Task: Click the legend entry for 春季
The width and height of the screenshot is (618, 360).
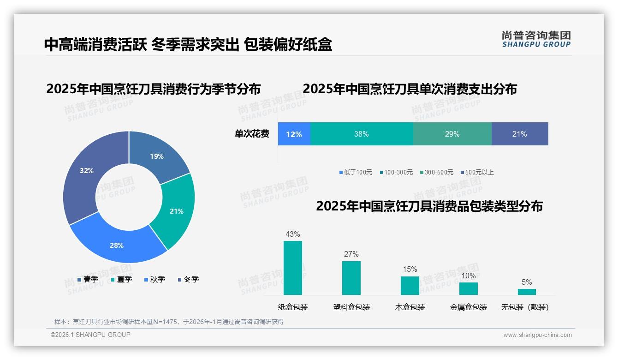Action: coord(88,279)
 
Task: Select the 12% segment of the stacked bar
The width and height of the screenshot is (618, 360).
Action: coord(294,134)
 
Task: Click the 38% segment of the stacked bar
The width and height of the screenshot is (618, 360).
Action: coord(362,134)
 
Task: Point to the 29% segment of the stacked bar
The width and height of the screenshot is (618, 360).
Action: coord(452,134)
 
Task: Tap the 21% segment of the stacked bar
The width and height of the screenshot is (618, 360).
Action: coord(519,134)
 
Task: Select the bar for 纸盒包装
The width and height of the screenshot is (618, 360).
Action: coord(293,268)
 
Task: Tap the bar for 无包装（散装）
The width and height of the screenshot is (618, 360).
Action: coord(527,292)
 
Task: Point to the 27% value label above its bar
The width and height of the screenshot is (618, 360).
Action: coord(351,254)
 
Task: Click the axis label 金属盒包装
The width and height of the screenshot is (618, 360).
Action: coord(468,307)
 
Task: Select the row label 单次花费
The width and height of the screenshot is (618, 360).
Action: coord(252,134)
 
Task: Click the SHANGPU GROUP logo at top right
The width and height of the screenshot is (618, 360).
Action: coord(536,39)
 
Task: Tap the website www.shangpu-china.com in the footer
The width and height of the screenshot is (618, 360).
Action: coord(537,335)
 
